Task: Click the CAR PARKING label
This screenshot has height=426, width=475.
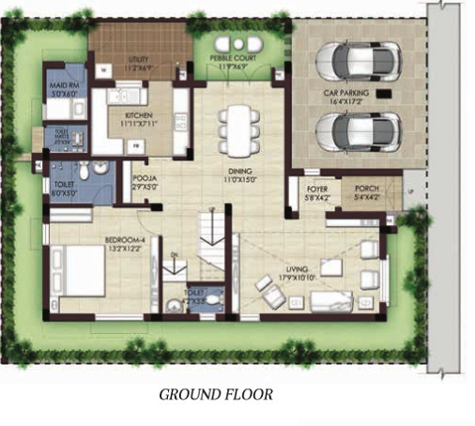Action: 348,94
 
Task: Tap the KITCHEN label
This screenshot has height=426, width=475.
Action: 137,118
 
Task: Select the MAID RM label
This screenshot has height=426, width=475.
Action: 64,90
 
